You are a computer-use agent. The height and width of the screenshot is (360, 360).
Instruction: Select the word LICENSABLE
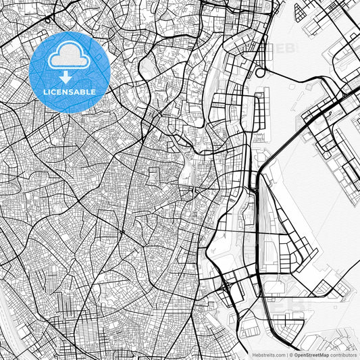tap(70, 91)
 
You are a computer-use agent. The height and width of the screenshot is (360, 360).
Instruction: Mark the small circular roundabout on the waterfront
tap(260, 72)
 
